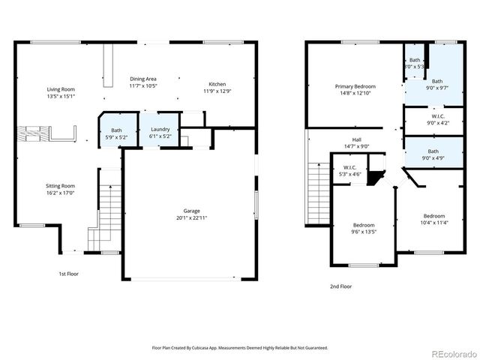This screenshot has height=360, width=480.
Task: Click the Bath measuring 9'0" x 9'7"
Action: (x=436, y=84)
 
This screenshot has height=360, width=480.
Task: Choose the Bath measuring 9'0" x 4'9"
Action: (x=433, y=154)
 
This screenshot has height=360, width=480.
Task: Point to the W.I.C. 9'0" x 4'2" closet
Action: (x=436, y=119)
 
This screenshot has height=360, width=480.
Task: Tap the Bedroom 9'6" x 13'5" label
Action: (x=364, y=228)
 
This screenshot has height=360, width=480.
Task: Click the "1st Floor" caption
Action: (x=68, y=274)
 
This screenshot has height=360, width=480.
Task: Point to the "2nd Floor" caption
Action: (x=340, y=286)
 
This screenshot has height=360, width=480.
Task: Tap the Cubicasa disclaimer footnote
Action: (x=240, y=348)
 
